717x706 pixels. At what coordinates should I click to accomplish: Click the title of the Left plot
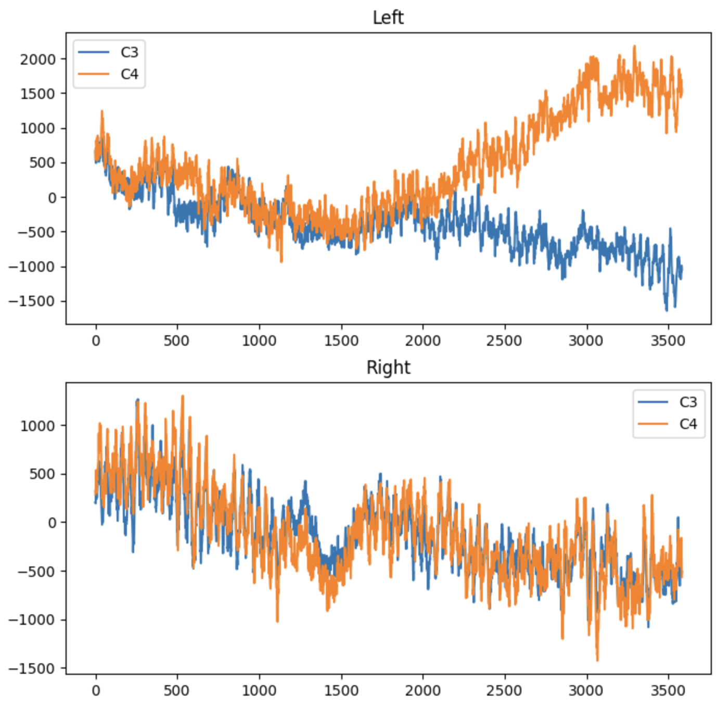click(388, 18)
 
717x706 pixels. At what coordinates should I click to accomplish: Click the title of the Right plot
click(388, 368)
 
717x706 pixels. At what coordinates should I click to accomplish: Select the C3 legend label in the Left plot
click(129, 53)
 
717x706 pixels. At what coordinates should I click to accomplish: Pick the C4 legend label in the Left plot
click(129, 74)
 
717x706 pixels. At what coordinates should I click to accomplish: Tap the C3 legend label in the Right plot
click(688, 402)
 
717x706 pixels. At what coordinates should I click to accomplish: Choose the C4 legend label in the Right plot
click(688, 424)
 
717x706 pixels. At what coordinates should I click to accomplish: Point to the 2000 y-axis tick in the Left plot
click(37, 59)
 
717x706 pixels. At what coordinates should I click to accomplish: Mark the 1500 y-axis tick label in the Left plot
click(37, 94)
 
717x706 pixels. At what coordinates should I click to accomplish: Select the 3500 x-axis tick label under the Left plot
click(668, 341)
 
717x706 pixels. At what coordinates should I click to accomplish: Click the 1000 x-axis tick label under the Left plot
click(259, 341)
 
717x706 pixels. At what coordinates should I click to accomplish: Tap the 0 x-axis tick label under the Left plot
click(96, 341)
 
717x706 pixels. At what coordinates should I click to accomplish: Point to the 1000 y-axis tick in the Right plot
click(37, 426)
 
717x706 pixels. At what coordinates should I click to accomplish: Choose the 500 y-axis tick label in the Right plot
click(41, 474)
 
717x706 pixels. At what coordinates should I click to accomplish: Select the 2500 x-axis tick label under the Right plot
click(504, 691)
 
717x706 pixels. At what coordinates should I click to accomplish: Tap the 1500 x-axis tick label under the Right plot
click(341, 691)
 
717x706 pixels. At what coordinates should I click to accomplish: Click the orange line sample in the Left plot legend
click(94, 74)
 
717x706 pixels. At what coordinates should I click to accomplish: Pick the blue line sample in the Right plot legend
click(652, 402)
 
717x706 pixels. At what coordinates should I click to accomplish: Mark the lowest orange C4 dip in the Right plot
click(597, 660)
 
